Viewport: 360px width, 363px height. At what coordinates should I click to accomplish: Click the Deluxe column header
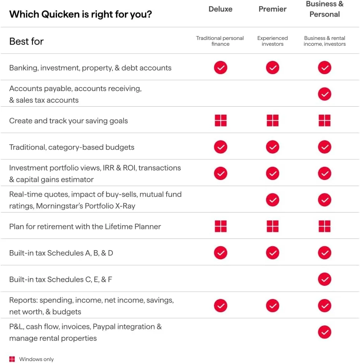pos(220,9)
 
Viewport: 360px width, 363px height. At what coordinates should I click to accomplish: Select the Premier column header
pos(272,9)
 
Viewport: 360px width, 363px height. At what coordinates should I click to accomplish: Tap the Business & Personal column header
pos(324,9)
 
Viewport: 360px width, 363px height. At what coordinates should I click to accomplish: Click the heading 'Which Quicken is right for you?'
pos(80,14)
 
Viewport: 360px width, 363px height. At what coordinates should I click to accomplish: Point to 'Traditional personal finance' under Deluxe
pos(220,41)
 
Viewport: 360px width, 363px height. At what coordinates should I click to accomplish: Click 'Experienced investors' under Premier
pos(272,41)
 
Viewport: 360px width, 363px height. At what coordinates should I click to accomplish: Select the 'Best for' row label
pos(26,41)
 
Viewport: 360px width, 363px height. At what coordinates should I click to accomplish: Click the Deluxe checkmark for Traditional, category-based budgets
pos(220,147)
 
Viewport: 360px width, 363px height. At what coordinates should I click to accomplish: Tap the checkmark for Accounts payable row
pos(324,94)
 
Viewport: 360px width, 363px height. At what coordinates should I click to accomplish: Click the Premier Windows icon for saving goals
pos(272,121)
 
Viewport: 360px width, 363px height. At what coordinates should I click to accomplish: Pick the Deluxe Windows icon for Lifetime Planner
pos(220,226)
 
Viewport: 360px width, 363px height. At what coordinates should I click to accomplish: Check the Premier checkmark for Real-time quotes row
pos(272,200)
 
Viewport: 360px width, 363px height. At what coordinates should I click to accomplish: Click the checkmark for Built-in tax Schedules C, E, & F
pos(324,279)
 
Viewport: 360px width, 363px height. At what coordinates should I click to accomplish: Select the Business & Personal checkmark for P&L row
pos(324,332)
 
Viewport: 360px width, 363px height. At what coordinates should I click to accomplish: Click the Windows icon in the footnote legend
pos(12,359)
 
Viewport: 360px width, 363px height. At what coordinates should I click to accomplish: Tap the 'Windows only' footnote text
pos(36,359)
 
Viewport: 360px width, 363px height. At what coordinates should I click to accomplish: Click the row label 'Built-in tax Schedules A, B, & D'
pos(61,253)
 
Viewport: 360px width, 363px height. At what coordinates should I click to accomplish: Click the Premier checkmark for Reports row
pos(272,306)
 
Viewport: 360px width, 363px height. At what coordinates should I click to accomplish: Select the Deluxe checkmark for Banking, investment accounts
pos(220,68)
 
